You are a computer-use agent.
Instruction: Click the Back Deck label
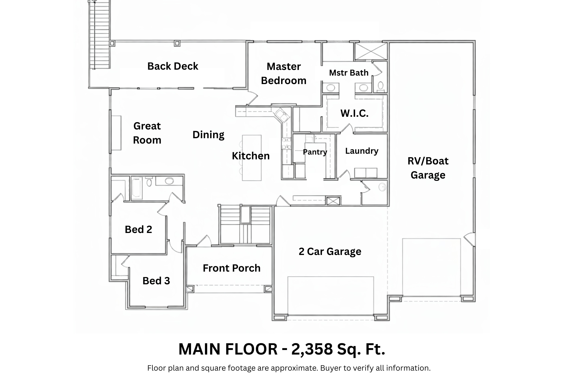click(x=173, y=66)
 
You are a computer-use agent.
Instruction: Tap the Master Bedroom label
click(x=283, y=74)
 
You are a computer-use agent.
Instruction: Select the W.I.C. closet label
click(x=354, y=113)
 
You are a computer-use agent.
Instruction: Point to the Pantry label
click(x=315, y=152)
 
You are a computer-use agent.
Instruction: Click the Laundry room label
click(x=362, y=151)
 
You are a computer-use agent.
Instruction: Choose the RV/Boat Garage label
click(x=428, y=168)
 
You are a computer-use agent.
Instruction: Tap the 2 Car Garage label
click(x=330, y=252)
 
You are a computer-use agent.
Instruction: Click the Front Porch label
click(x=231, y=268)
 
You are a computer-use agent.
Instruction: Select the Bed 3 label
click(x=156, y=281)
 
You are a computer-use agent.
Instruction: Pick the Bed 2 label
click(x=138, y=230)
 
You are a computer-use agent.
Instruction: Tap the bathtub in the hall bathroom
click(x=137, y=188)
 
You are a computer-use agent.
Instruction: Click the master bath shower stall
click(x=371, y=51)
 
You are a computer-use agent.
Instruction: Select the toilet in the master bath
click(x=380, y=86)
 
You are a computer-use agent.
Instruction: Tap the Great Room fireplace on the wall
click(x=116, y=133)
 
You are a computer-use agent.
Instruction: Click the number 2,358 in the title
click(x=312, y=349)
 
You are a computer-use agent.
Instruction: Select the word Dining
click(x=208, y=135)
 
